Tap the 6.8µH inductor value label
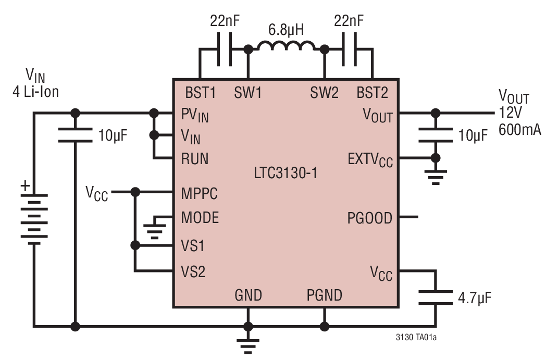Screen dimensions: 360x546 (286, 30)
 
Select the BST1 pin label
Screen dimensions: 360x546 (200, 93)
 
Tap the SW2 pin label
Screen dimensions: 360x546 (324, 93)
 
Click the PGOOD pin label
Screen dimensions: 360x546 (369, 218)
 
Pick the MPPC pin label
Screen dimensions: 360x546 (200, 193)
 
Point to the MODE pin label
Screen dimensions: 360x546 (200, 217)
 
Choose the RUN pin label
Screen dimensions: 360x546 (194, 159)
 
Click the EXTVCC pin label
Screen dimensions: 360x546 (369, 160)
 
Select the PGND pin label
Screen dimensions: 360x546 (324, 296)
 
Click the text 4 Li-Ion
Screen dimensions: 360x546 (35, 92)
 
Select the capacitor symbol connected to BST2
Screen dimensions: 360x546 (349, 50)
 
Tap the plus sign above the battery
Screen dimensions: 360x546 (24, 185)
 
